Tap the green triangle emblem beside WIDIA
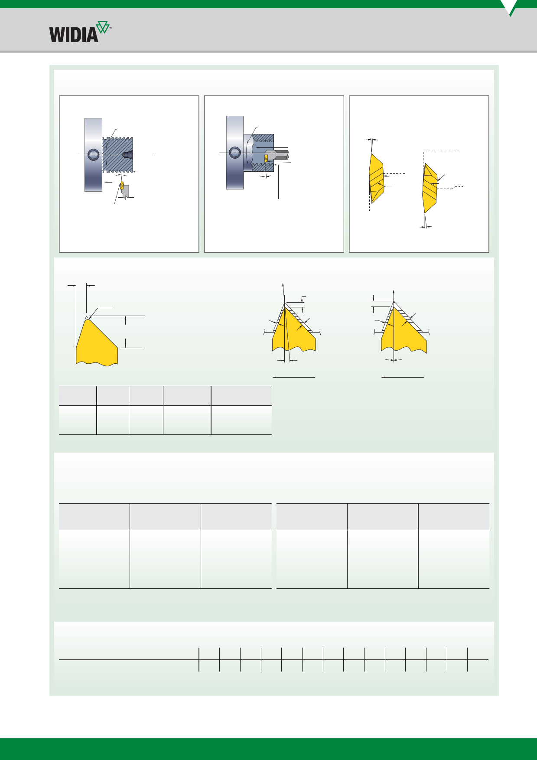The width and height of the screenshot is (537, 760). click(103, 27)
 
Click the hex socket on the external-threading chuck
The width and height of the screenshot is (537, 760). click(93, 154)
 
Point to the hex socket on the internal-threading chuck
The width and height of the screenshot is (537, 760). click(235, 152)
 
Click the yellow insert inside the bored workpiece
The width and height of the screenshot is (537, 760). click(266, 160)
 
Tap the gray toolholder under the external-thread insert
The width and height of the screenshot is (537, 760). click(126, 192)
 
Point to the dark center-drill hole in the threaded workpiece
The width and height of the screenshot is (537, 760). click(127, 154)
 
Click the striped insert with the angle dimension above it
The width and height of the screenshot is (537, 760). click(376, 178)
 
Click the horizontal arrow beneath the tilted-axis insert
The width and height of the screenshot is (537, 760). click(293, 377)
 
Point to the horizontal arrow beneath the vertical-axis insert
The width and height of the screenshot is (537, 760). click(402, 377)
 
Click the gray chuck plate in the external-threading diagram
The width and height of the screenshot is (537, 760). click(93, 154)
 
